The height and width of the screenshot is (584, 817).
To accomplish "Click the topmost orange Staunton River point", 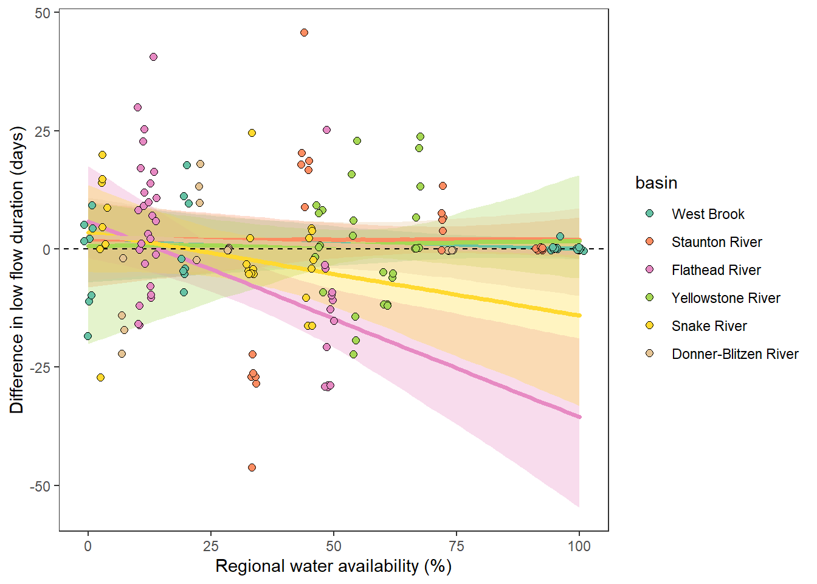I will [304, 33].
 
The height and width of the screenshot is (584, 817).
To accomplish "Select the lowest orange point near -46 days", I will [252, 467].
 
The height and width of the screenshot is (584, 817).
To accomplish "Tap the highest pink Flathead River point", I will [153, 57].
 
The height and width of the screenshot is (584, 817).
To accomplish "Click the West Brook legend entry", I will [708, 214].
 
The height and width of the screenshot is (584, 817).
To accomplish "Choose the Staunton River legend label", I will [716, 242].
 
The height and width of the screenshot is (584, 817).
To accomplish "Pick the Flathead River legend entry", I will [715, 270].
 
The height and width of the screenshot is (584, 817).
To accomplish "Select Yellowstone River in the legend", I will [725, 298].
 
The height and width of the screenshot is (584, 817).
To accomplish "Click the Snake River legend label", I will [709, 326].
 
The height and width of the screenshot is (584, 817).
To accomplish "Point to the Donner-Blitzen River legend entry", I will [734, 354].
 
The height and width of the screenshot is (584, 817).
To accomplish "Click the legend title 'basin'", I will [656, 182].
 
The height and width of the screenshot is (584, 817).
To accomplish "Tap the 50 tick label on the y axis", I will [43, 13].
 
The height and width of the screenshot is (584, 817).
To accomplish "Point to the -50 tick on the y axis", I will [41, 486].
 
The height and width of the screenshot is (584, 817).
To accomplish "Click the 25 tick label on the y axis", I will [43, 131].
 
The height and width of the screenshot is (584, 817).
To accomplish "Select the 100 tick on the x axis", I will [579, 546].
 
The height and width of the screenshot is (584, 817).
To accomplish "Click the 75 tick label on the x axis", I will [457, 546].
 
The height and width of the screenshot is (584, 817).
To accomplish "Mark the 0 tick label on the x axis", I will [88, 546].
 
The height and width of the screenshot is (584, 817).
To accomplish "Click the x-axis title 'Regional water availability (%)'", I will [333, 566].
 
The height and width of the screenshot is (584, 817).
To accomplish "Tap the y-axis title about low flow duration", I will [16, 270].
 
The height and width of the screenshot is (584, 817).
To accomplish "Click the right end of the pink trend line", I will [579, 417].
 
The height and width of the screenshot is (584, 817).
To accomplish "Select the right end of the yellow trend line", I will [579, 315].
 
